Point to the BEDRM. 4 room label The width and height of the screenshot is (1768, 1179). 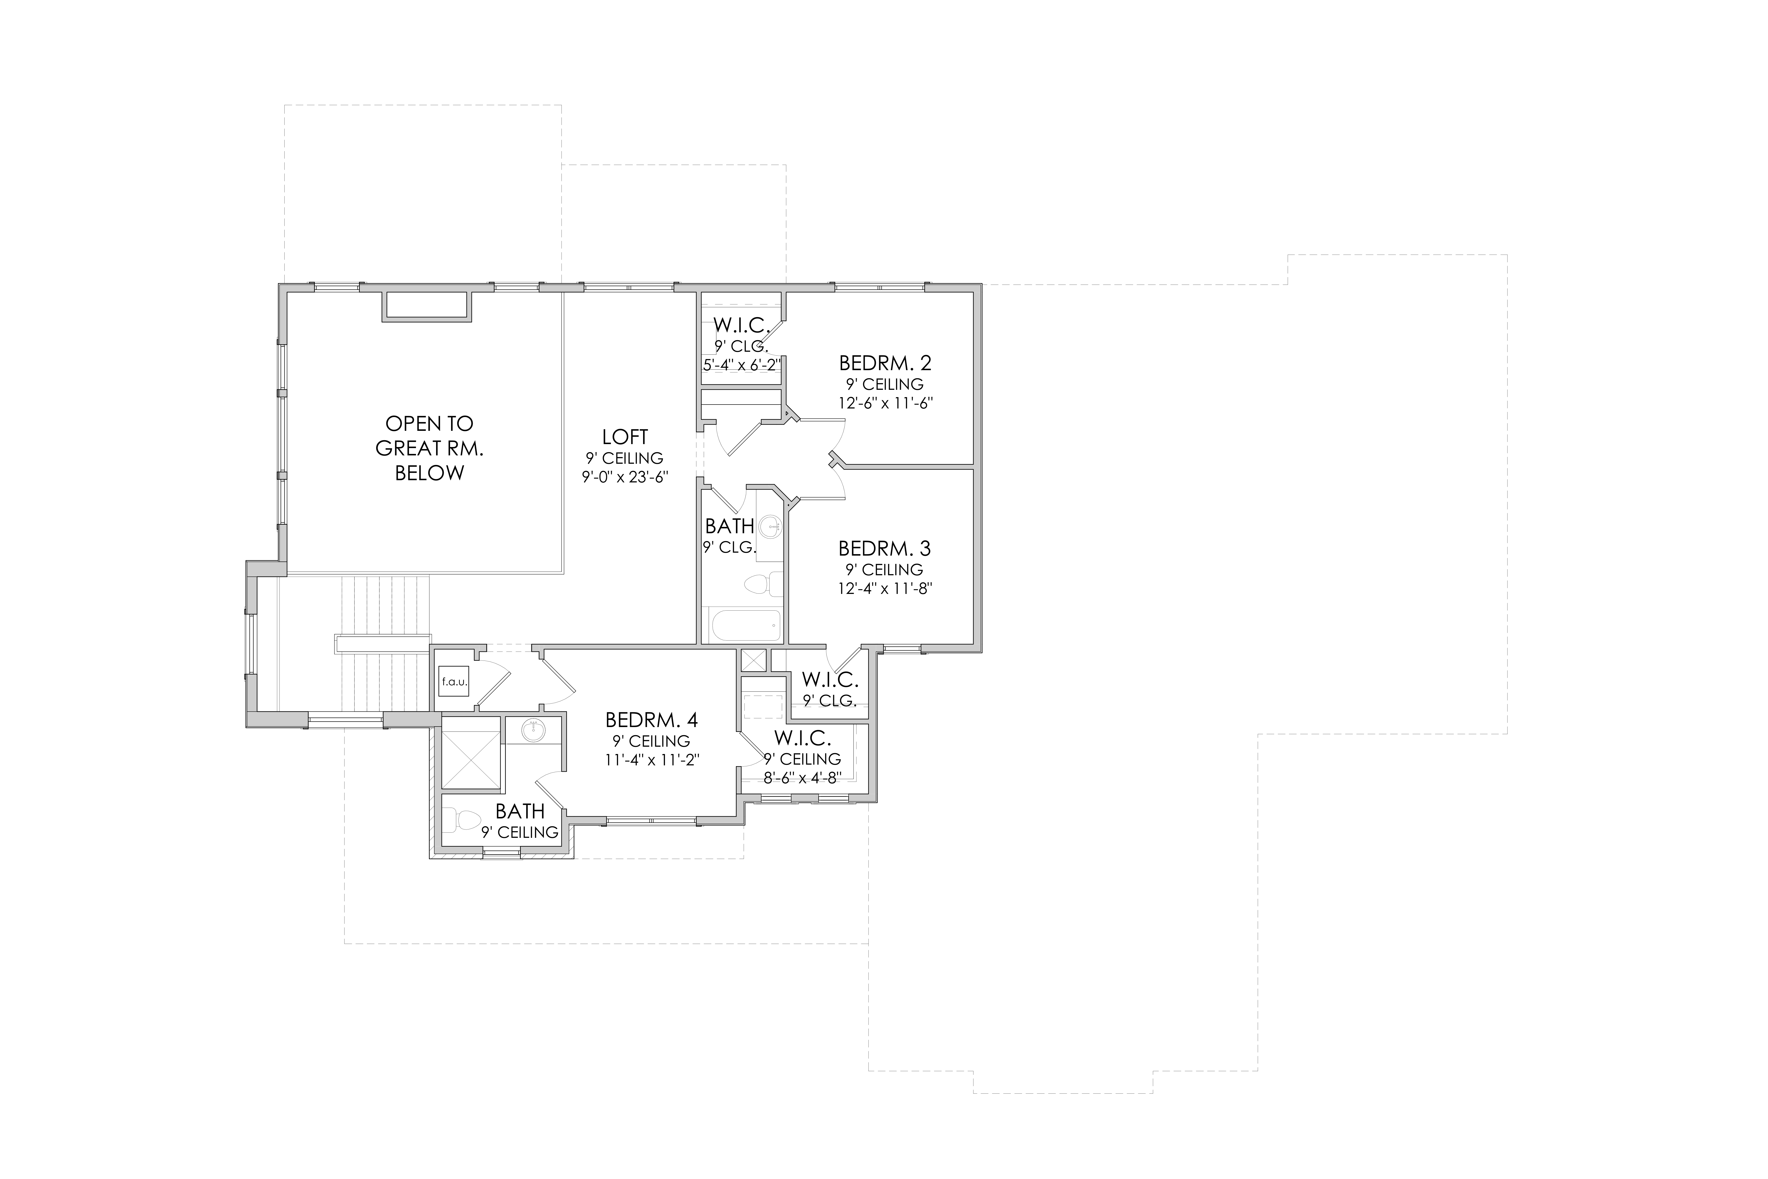(652, 720)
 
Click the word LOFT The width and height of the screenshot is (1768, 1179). (625, 437)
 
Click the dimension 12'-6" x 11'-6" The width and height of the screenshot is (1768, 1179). (885, 403)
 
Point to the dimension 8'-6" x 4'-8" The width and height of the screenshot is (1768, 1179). (802, 778)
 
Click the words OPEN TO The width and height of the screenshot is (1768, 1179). (429, 423)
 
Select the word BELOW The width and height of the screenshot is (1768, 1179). (429, 473)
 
